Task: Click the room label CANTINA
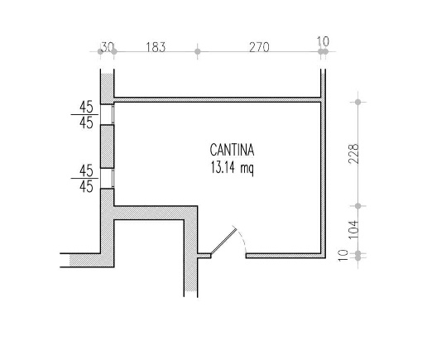coord(232,150)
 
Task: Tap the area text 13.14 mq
coord(232,167)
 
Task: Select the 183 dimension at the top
coord(156,47)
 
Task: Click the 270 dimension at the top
coord(259,47)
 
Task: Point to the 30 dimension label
coord(108,47)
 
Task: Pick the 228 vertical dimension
coord(353,154)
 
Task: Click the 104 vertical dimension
coord(353,230)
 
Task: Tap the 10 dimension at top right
coord(323,41)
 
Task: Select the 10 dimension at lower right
coord(343,255)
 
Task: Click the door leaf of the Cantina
coord(223,241)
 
